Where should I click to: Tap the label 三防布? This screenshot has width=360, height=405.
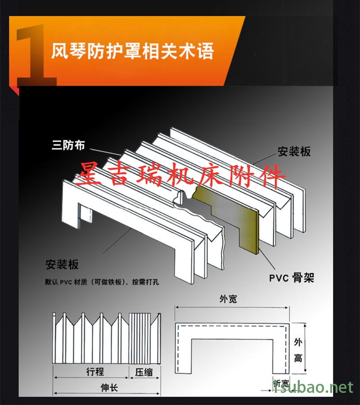pyautogui.click(x=68, y=145)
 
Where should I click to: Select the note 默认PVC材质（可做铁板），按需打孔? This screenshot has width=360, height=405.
pyautogui.click(x=102, y=283)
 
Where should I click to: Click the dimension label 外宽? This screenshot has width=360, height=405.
pyautogui.click(x=228, y=299)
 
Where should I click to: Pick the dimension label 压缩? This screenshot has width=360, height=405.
pyautogui.click(x=144, y=372)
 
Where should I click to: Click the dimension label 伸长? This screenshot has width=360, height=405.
pyautogui.click(x=108, y=387)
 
